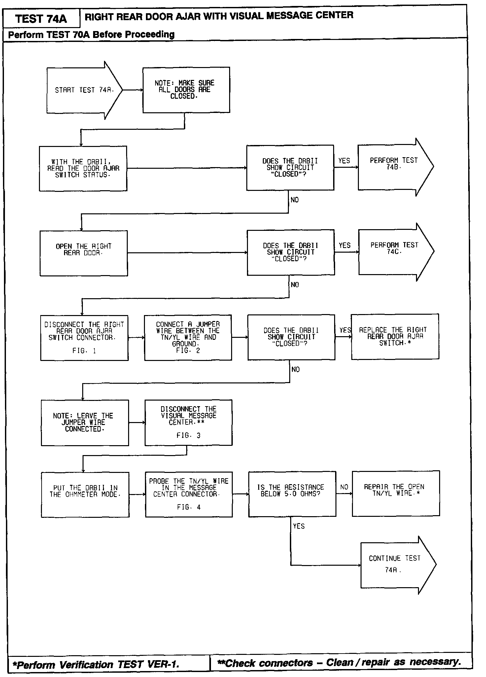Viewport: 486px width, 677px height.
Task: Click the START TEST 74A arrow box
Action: (84, 90)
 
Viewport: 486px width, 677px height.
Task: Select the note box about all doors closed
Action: (186, 90)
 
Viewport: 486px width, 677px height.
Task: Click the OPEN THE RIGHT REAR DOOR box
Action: (84, 253)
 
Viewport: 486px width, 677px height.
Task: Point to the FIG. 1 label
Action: (84, 351)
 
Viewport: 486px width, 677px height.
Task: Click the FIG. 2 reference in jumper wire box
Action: (188, 351)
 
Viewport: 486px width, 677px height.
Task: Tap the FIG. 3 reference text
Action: (188, 436)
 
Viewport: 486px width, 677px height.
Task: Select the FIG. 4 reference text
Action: (189, 507)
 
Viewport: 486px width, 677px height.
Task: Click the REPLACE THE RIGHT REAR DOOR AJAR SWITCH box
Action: (395, 337)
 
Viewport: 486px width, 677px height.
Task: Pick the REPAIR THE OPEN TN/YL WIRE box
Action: (396, 493)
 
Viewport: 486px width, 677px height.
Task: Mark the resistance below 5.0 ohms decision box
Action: (292, 493)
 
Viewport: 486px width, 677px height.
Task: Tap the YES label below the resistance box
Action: (299, 526)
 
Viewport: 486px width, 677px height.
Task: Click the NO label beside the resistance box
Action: (344, 487)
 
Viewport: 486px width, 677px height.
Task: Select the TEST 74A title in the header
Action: (41, 19)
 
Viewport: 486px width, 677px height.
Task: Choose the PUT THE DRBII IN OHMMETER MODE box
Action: (85, 494)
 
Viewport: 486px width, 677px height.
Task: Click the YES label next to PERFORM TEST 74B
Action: (344, 161)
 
